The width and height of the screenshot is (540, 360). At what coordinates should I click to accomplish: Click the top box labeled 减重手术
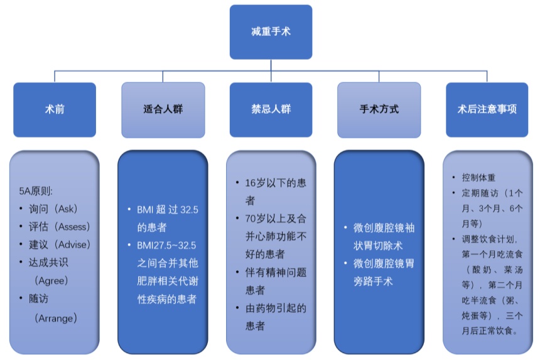[x=270, y=31]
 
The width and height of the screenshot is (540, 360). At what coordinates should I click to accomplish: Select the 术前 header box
[x=55, y=109]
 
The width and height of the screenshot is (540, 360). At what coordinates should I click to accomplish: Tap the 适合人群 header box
[x=163, y=109]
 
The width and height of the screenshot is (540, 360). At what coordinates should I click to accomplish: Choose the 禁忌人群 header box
[x=271, y=109]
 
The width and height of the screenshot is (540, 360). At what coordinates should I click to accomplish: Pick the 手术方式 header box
[x=379, y=109]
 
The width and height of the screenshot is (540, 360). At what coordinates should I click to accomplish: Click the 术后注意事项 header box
[x=487, y=109]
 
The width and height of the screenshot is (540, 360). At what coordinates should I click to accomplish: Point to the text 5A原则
[x=36, y=191]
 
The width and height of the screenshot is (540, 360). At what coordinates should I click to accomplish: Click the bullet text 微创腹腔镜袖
[x=381, y=227]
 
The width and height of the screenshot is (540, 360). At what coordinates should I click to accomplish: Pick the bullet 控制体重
[x=478, y=177]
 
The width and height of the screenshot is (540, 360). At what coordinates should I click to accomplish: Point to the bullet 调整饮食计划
[x=489, y=239]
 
